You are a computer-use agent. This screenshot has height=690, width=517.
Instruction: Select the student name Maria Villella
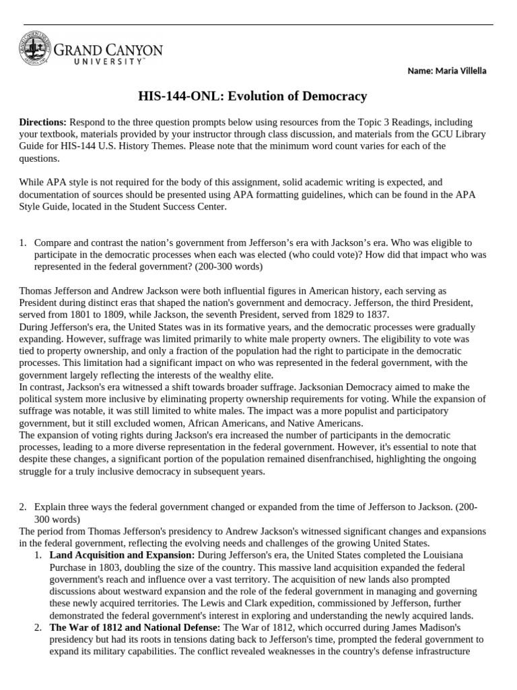(x=458, y=71)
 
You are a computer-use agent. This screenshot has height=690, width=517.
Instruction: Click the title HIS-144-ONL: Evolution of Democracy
(x=258, y=96)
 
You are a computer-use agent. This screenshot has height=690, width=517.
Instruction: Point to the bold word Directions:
(x=42, y=122)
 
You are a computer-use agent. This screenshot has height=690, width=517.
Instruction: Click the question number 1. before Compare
(x=23, y=242)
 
